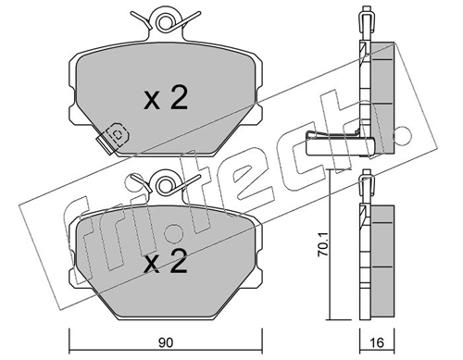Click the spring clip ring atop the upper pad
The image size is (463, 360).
167,18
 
